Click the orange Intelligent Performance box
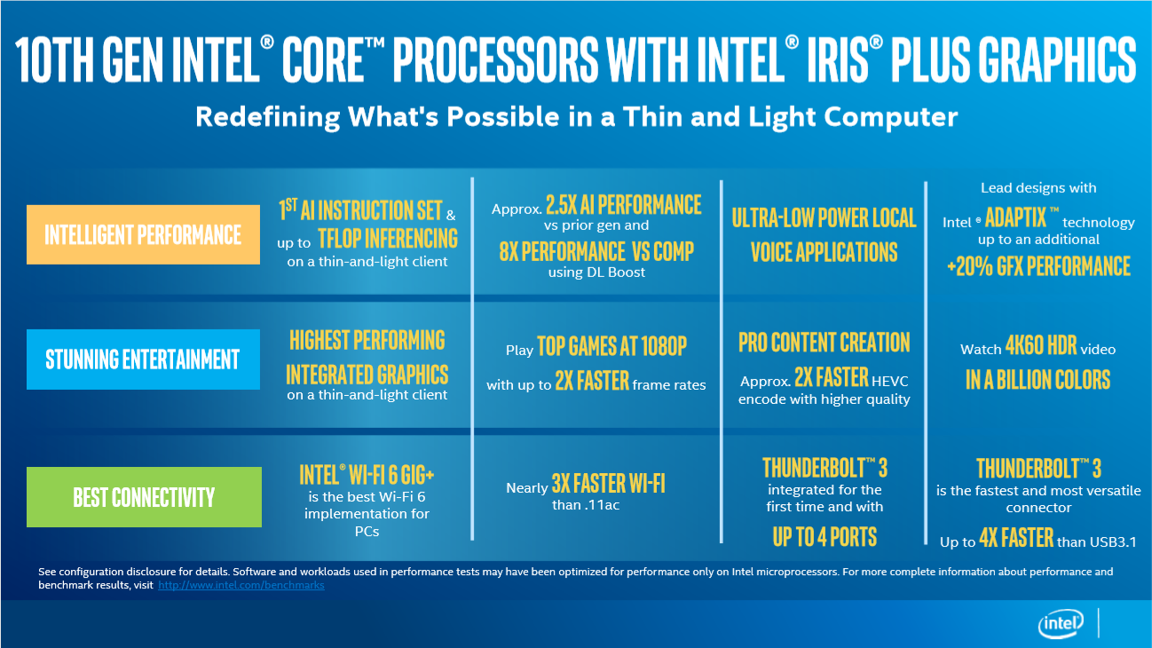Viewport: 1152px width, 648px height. [143, 234]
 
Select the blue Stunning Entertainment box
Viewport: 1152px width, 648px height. [143, 359]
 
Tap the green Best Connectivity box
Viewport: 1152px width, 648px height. [144, 497]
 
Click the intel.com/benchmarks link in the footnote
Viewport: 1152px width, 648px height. [241, 585]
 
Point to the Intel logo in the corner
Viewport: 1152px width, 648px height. [1061, 624]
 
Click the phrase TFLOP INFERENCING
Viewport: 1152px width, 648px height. [388, 239]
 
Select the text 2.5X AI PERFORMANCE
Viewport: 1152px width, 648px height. [623, 205]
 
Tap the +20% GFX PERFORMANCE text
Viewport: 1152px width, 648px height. [1039, 266]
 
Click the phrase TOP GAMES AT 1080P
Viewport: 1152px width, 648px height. [612, 346]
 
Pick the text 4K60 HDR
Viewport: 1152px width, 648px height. [1041, 345]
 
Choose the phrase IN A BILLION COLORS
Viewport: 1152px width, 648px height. [1038, 380]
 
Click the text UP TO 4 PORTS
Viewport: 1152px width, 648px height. [825, 537]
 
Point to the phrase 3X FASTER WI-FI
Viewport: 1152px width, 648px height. [609, 484]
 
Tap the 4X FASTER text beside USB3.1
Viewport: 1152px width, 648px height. [1016, 538]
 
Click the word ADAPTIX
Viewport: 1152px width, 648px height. [1015, 217]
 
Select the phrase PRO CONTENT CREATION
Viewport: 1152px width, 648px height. [825, 343]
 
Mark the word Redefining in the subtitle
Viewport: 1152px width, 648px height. [267, 117]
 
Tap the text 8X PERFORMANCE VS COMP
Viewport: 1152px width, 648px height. [596, 251]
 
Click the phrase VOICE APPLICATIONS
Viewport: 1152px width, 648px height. [824, 252]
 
